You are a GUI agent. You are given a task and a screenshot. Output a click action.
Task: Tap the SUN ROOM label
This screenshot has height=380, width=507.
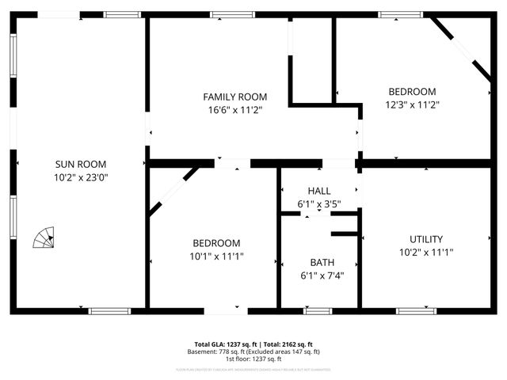(81, 164)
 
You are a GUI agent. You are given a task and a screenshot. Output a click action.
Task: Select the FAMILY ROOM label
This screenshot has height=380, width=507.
(234, 97)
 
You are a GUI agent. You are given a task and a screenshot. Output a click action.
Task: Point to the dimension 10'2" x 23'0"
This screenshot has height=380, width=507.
(81, 177)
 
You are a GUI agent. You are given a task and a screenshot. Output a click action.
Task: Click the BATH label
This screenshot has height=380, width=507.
(322, 262)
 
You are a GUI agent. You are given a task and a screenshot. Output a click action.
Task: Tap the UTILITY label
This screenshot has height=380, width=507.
(426, 239)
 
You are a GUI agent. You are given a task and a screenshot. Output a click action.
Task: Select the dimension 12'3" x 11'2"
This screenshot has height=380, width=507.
(412, 104)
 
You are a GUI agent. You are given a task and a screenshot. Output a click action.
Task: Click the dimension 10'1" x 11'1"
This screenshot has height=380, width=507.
(216, 256)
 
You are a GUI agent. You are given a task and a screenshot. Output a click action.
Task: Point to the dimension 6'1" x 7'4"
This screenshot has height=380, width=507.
(322, 275)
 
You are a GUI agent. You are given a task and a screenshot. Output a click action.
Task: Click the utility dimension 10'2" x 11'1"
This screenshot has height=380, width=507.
(426, 253)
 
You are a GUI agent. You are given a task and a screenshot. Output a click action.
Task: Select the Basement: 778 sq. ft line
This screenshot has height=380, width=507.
(253, 351)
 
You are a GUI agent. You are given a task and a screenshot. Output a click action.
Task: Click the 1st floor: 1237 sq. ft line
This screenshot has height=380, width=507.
(253, 359)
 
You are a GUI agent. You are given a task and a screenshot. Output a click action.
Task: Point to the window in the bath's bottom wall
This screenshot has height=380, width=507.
(318, 311)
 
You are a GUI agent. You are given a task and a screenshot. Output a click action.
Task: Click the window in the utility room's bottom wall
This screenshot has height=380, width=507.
(416, 311)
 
